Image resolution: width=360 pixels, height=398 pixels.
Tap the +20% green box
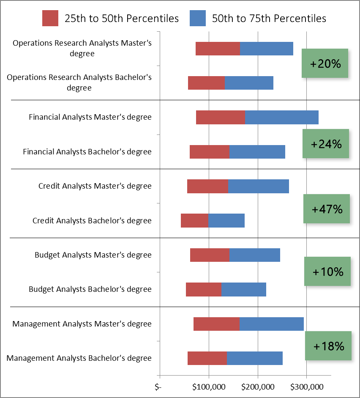pyautogui.click(x=325, y=63)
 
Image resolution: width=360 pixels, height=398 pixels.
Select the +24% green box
pyautogui.click(x=325, y=144)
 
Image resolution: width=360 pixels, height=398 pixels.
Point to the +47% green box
pyautogui.click(x=326, y=209)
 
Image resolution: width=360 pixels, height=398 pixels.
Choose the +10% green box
pyautogui.click(x=327, y=272)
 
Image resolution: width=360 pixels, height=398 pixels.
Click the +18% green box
pyautogui.click(x=328, y=346)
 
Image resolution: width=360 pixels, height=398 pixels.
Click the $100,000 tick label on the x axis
pyautogui.click(x=209, y=387)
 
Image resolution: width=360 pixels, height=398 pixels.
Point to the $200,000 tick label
pyautogui.click(x=258, y=387)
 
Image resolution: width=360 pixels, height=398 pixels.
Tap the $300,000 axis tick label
pyautogui.click(x=307, y=387)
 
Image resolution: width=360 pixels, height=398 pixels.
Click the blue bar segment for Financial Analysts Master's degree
pyautogui.click(x=281, y=117)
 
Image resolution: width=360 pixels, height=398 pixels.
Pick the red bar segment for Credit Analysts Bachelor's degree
pyautogui.click(x=194, y=221)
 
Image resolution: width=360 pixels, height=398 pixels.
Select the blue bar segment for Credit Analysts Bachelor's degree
pyautogui.click(x=226, y=221)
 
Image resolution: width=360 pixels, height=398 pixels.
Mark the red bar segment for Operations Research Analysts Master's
pyautogui.click(x=218, y=49)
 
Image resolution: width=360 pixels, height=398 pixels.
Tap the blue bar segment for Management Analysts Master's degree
pyautogui.click(x=272, y=324)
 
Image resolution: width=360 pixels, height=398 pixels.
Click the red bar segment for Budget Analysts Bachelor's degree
pyautogui.click(x=203, y=290)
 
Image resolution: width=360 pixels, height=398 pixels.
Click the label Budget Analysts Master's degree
pyautogui.click(x=93, y=255)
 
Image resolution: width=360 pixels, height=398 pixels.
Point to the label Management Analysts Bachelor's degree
pyautogui.click(x=79, y=358)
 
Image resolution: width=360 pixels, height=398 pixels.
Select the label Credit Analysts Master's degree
pyautogui.click(x=95, y=186)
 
